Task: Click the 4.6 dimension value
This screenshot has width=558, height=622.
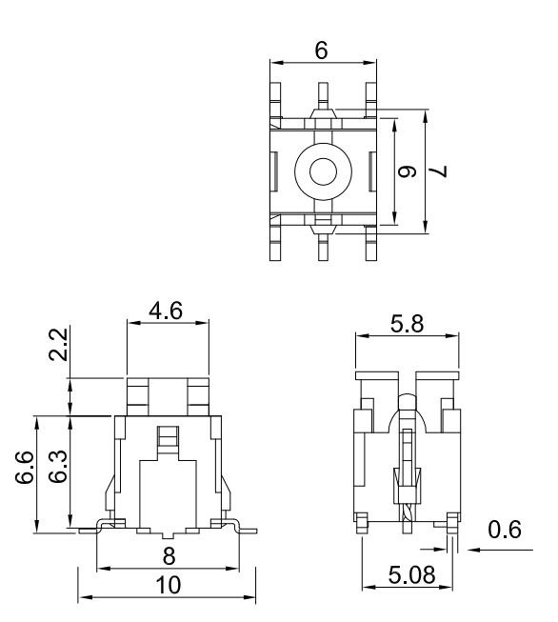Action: [167, 311]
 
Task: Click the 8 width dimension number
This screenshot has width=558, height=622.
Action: [168, 554]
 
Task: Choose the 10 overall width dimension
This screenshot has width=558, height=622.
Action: [168, 585]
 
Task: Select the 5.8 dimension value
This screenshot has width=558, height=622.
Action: [407, 324]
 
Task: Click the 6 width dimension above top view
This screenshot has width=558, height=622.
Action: [322, 51]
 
